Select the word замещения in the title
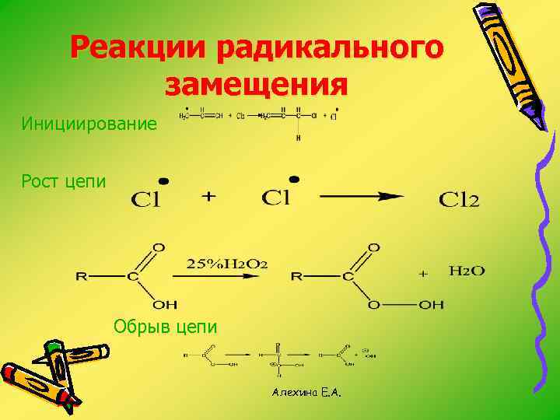point(256,83)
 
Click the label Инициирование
point(89,124)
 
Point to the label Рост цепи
point(64,181)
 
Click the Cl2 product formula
point(459,200)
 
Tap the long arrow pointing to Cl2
point(362,198)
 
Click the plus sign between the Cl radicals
point(208,198)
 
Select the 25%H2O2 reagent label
point(227,264)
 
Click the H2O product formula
point(467,271)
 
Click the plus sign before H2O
point(424,274)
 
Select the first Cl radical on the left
point(145,200)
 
